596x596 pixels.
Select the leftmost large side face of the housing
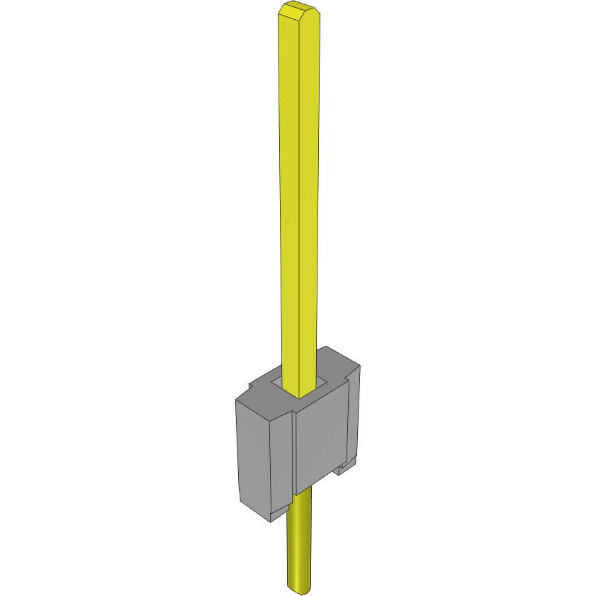click(253, 461)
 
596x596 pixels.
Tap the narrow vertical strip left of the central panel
click(282, 461)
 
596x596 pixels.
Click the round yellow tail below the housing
click(299, 546)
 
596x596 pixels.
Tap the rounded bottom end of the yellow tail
click(299, 588)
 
